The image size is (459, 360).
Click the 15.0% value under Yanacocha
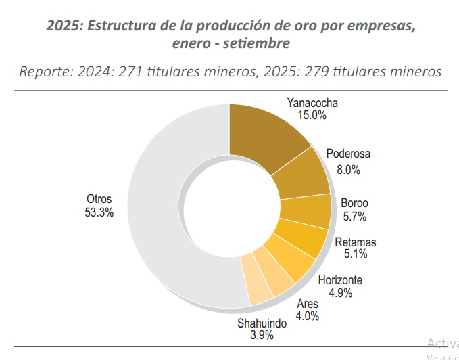(312, 116)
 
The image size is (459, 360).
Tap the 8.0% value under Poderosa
(348, 170)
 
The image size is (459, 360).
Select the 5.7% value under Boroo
(354, 217)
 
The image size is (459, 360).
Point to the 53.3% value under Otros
(99, 212)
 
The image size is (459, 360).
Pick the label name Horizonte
(340, 280)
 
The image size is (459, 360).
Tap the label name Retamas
(356, 242)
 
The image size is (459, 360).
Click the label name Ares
(308, 303)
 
